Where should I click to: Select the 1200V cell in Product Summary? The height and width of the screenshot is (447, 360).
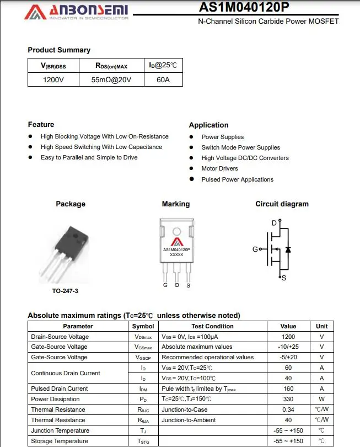pos(53,79)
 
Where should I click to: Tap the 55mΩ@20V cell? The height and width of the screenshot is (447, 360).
pos(111,79)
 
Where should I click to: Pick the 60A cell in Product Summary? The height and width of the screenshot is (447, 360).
pos(163,79)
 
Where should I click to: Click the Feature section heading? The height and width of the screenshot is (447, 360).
pos(41,124)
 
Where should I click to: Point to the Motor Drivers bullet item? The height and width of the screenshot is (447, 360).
pos(219,168)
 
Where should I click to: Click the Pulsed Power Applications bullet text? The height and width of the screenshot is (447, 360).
pos(237,179)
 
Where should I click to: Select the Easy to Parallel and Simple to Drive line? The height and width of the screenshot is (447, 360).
pos(89,157)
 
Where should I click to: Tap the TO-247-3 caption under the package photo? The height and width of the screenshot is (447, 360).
pos(57,291)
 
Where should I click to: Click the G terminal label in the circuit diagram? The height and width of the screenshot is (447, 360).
pos(255,249)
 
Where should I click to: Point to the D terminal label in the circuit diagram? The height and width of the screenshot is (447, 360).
pos(274,223)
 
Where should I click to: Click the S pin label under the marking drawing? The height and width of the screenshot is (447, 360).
pos(188,285)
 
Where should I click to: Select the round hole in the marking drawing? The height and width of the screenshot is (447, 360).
pos(176,231)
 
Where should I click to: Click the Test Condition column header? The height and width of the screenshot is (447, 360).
pos(212,326)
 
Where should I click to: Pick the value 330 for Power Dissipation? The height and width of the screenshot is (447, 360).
pos(288,399)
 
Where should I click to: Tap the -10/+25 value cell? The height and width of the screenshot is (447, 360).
pos(288,347)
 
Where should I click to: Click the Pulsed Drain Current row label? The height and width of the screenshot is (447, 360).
pos(59,389)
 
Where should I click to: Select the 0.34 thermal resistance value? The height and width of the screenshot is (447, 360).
pos(288,409)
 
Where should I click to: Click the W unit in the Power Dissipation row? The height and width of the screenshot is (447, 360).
pos(321,399)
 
